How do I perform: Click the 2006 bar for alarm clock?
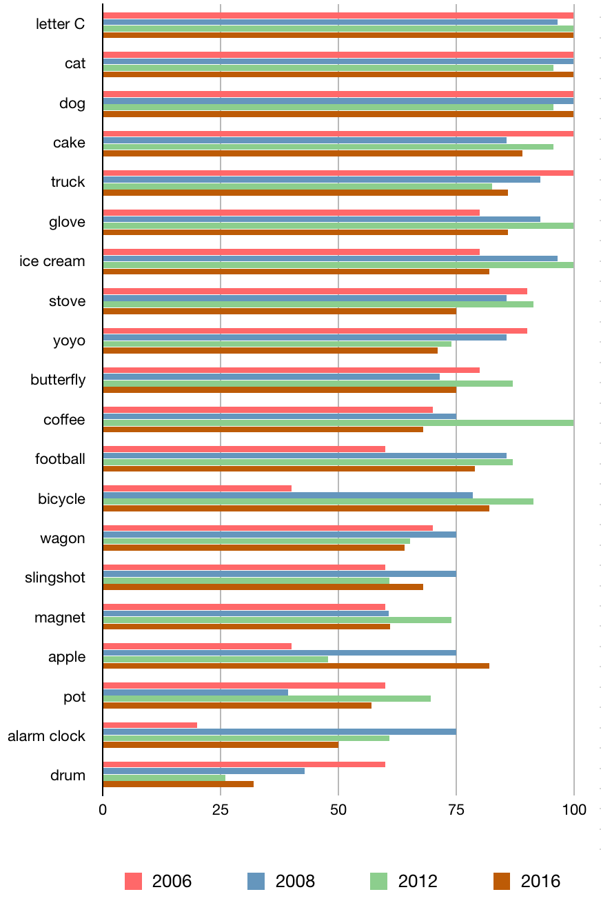150,725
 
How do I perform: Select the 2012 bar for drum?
164,778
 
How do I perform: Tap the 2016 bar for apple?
296,666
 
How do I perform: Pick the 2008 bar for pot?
196,692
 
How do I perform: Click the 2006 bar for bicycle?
197,488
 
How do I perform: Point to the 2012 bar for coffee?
338,423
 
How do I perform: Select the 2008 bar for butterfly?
272,377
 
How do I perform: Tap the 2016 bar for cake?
313,153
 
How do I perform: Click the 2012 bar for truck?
298,186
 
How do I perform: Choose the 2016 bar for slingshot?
263,587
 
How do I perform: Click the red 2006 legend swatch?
134,881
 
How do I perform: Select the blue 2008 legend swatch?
256,881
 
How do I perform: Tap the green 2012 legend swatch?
378,881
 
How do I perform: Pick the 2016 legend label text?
540,881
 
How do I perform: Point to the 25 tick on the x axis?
221,809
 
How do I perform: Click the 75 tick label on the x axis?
456,809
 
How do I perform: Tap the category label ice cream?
52,261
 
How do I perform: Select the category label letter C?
61,24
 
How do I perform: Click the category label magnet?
60,618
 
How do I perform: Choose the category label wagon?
63,538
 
